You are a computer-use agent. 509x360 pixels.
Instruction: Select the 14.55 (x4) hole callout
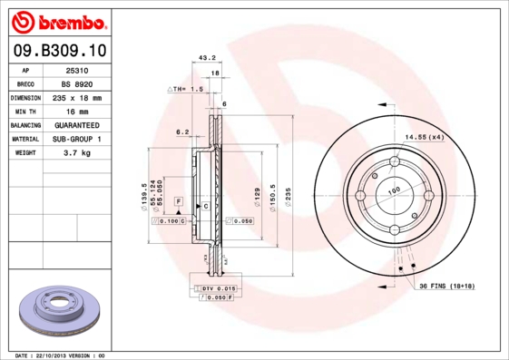tap(424, 136)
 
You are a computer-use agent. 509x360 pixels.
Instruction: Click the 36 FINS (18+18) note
tap(445, 287)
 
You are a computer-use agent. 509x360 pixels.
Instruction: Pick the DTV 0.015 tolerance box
tap(216, 287)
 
